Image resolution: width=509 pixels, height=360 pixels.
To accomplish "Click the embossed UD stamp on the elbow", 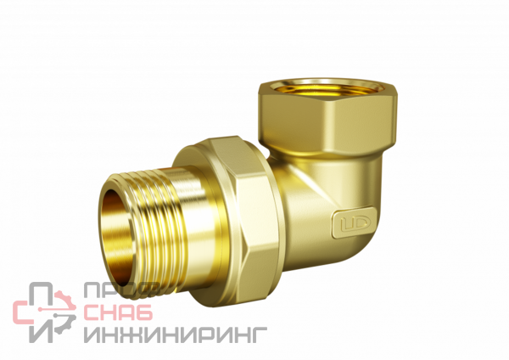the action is [x=352, y=223].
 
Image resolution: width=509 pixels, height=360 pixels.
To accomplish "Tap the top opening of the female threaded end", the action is [x=327, y=87].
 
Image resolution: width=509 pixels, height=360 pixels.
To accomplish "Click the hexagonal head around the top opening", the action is [x=327, y=117].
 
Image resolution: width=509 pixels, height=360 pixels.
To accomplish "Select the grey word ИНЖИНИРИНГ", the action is [x=176, y=335].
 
